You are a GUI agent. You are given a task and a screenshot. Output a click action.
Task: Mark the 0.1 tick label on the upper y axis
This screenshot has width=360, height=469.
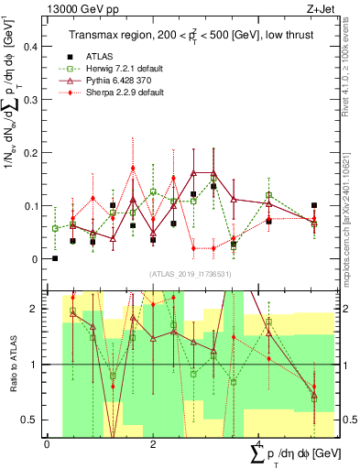(x=34, y=205)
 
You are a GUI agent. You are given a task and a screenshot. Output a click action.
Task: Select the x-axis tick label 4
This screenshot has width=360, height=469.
(x=259, y=444)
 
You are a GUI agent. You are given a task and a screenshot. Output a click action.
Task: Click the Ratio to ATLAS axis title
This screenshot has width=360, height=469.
(x=12, y=364)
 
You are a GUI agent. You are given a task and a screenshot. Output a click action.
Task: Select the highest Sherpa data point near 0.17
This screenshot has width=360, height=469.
(x=133, y=169)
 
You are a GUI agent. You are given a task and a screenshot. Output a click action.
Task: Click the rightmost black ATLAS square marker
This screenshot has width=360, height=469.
(x=314, y=206)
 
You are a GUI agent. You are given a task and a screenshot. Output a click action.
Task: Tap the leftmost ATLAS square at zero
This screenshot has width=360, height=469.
(x=55, y=258)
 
